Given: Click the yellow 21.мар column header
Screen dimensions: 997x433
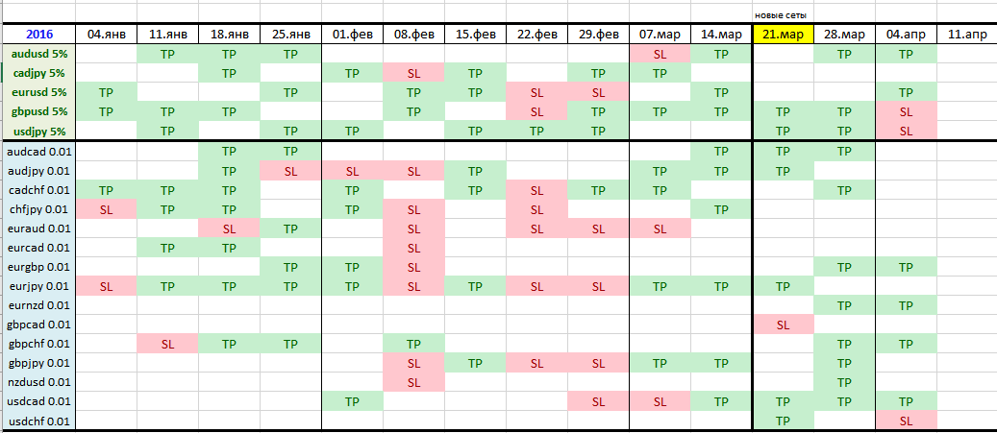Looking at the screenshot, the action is click(x=783, y=35).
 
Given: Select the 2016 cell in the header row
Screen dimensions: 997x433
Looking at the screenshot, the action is click(x=38, y=35).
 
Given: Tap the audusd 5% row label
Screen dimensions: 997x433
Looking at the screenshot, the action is click(x=38, y=54).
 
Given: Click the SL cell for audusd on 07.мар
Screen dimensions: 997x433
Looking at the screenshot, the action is click(x=660, y=54).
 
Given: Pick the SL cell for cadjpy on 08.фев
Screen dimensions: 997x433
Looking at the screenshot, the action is click(x=414, y=73).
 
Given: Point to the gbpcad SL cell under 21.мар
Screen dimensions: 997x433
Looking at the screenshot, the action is click(x=783, y=325).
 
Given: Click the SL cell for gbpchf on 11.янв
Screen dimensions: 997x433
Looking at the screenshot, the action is click(x=168, y=344).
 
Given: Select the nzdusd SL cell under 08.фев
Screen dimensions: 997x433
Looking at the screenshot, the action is click(x=414, y=382).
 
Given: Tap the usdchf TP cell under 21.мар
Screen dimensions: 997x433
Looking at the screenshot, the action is click(x=783, y=421).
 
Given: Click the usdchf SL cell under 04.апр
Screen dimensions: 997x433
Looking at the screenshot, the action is click(x=906, y=421).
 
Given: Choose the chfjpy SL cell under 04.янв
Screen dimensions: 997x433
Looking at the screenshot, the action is click(x=106, y=209).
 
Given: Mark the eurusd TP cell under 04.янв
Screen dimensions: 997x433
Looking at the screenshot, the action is click(x=106, y=93).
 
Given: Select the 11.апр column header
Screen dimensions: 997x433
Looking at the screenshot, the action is click(x=967, y=35).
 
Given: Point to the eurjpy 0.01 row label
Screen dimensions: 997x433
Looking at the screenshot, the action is click(x=38, y=286).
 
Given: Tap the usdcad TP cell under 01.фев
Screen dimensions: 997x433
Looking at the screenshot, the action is click(x=352, y=402).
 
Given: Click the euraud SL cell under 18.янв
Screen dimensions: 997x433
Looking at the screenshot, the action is click(x=229, y=228).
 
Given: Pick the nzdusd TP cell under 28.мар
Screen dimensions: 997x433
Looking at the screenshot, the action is click(x=844, y=382).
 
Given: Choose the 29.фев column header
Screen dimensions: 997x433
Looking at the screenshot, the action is click(x=598, y=35).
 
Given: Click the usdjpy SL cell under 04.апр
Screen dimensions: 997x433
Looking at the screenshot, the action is click(x=906, y=132).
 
